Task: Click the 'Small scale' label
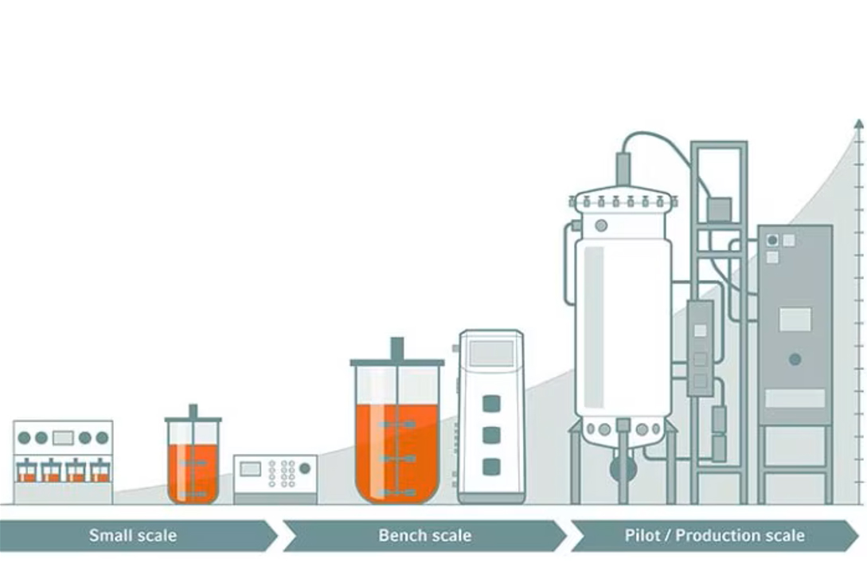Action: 132,535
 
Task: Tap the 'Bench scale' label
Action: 424,535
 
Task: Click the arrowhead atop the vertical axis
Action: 858,124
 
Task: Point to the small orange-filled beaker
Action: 193,470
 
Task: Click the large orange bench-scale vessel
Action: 396,450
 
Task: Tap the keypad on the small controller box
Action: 283,473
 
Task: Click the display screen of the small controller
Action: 251,469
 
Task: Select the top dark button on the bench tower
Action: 491,403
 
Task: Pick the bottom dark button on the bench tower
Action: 491,467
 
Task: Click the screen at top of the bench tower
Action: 491,353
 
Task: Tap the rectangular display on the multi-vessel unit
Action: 63,437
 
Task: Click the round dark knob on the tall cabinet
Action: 794,359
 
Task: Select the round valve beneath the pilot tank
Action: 623,468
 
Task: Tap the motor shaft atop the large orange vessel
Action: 396,349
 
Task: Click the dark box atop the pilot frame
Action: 719,209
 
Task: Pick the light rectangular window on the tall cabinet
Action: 795,319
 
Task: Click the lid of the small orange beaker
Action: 193,418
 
